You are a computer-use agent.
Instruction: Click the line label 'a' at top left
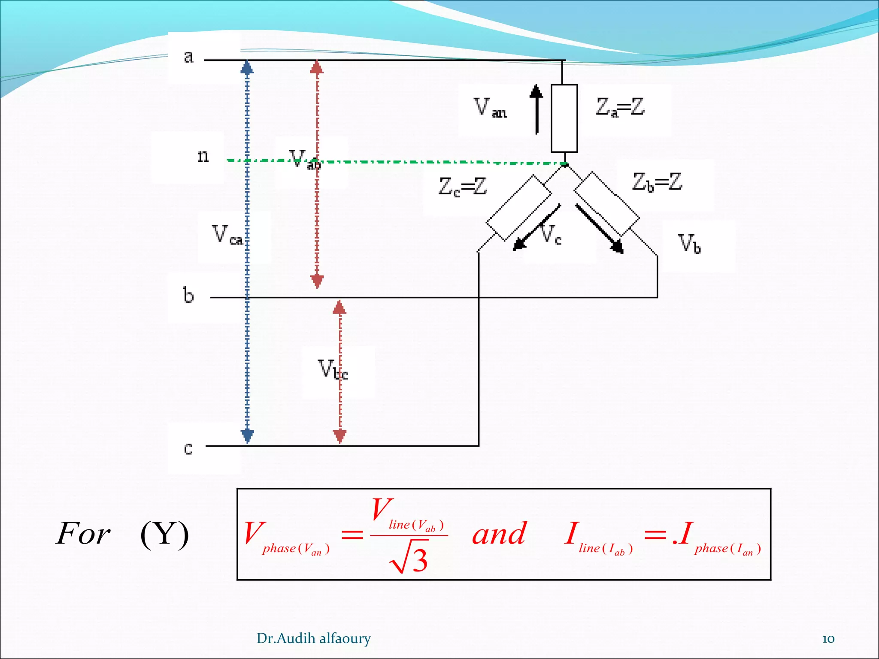[x=188, y=57]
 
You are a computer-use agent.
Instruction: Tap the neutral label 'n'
[x=203, y=156]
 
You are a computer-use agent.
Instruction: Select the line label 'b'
[x=188, y=296]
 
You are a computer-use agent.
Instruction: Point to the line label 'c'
[x=188, y=449]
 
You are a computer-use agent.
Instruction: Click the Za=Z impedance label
[x=620, y=107]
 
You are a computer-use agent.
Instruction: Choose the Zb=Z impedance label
[x=657, y=182]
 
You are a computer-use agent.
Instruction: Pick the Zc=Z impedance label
[x=463, y=187]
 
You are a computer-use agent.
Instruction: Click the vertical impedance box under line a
[x=564, y=118]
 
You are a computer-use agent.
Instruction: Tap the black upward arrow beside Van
[x=536, y=109]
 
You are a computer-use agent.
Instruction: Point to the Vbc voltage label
[x=333, y=369]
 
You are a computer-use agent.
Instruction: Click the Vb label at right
[x=689, y=244]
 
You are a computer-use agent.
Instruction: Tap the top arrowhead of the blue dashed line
[x=247, y=67]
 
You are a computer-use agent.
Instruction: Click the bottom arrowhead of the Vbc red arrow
[x=339, y=436]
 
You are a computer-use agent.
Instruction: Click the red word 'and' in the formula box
[x=499, y=535]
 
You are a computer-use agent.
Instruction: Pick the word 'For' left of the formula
[x=83, y=534]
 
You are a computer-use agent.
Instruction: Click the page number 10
[x=828, y=639]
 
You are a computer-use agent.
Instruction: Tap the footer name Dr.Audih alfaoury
[x=313, y=638]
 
